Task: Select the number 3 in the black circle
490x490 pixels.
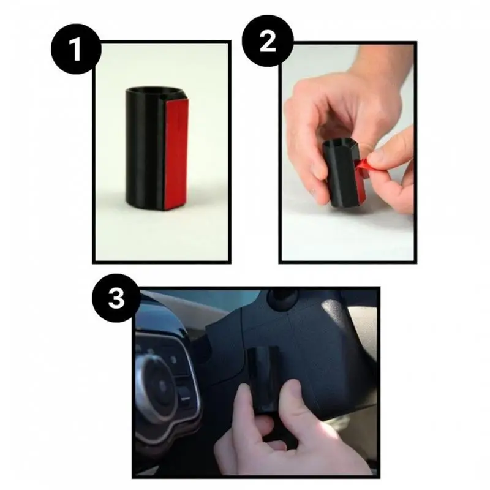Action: [115, 300]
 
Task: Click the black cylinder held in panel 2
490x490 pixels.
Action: [343, 175]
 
